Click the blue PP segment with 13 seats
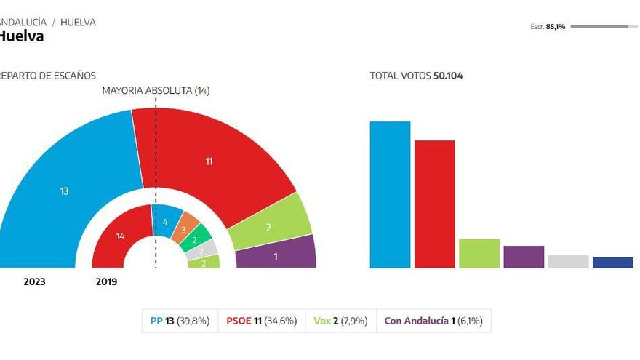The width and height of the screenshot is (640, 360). tap(65, 191)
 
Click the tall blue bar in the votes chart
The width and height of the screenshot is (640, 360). tap(390, 195)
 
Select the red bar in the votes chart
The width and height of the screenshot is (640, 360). tap(434, 204)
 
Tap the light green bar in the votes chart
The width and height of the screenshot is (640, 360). tap(479, 253)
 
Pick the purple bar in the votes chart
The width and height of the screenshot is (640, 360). tap(524, 257)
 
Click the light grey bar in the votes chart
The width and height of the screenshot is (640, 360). tap(568, 262)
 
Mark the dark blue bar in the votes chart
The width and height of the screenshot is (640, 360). tap(612, 263)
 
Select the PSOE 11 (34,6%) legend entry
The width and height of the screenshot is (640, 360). tap(261, 321)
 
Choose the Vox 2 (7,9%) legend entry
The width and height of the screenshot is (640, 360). tap(340, 321)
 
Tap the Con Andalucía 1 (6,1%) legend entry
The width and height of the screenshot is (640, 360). tap(433, 321)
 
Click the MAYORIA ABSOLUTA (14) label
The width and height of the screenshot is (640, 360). tap(156, 91)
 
